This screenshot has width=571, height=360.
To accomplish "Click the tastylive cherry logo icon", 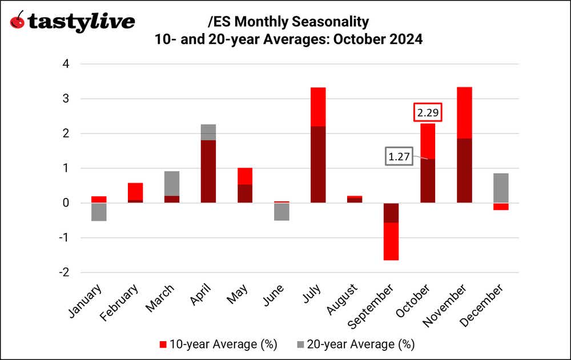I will point(19,21).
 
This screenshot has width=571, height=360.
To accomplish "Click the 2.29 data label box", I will point(428,113).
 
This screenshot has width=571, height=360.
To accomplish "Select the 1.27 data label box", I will point(400,157).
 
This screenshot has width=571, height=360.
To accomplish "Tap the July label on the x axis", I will point(311,294).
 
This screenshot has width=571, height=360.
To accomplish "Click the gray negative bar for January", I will point(99,212).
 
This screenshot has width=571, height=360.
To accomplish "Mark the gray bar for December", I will point(500,188).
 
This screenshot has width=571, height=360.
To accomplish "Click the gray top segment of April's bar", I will point(208,132).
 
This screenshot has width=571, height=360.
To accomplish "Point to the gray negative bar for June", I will point(282,212).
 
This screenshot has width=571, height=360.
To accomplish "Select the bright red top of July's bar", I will point(318,107).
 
